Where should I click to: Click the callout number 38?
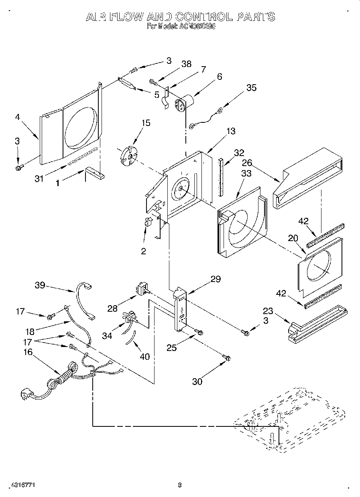click(x=186, y=64)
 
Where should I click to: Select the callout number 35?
click(x=251, y=88)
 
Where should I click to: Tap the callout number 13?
click(x=231, y=131)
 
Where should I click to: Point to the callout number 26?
click(x=247, y=163)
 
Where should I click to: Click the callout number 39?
click(x=40, y=286)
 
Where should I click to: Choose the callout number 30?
click(x=197, y=381)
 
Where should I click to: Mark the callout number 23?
click(x=268, y=311)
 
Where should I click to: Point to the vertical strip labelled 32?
click(x=220, y=176)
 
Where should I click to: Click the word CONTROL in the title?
click(x=202, y=17)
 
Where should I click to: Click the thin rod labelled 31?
click(x=82, y=156)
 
